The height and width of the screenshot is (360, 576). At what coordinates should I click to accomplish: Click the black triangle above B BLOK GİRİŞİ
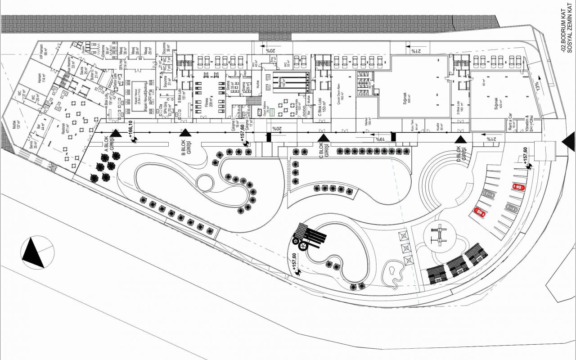(185, 132)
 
